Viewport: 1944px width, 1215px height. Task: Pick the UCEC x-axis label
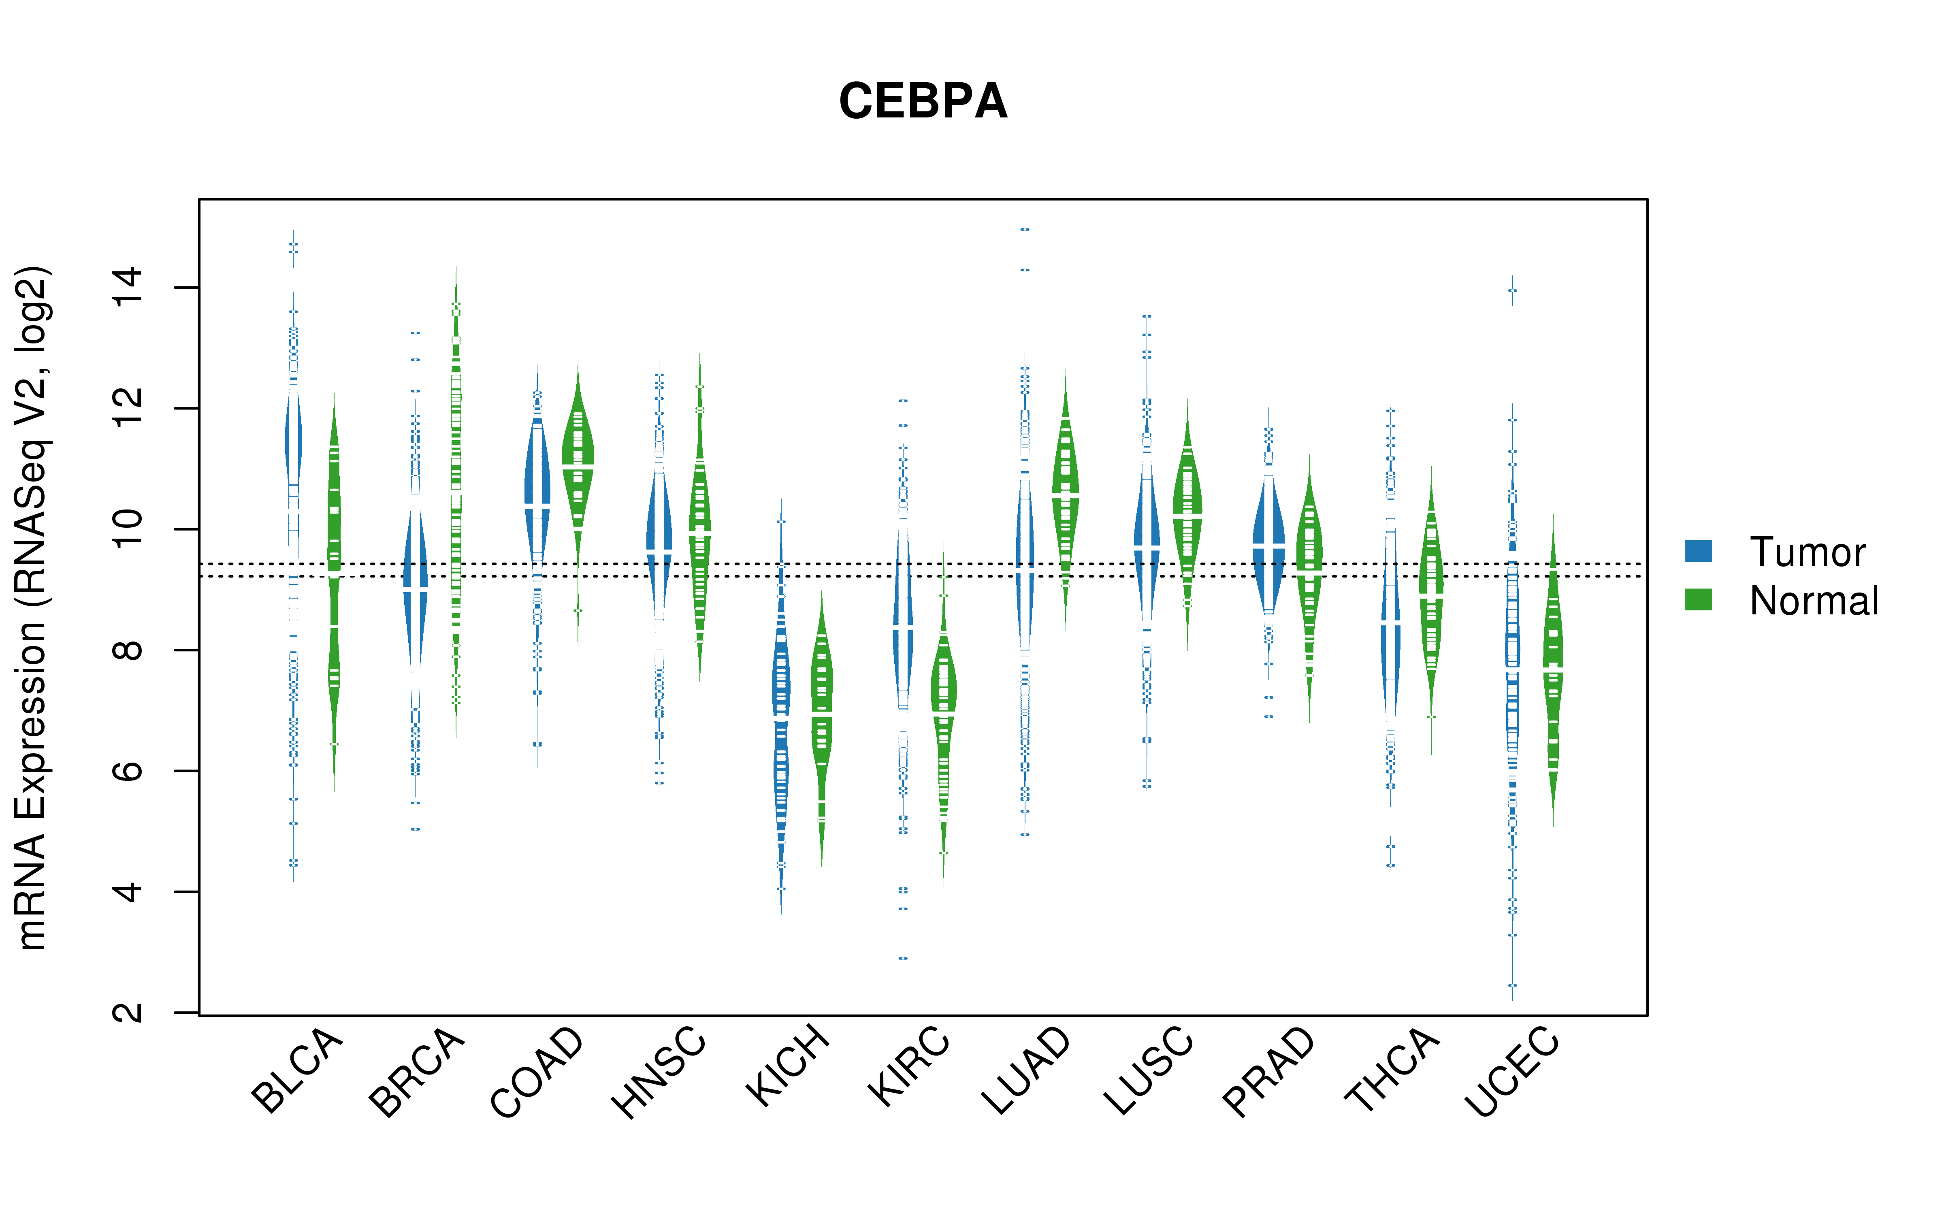(1512, 1071)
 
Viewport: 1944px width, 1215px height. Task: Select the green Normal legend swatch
(1698, 599)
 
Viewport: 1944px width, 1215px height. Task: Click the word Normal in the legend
(1814, 600)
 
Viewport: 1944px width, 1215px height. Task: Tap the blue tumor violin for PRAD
(1268, 546)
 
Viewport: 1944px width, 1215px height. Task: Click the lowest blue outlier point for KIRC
(903, 958)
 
